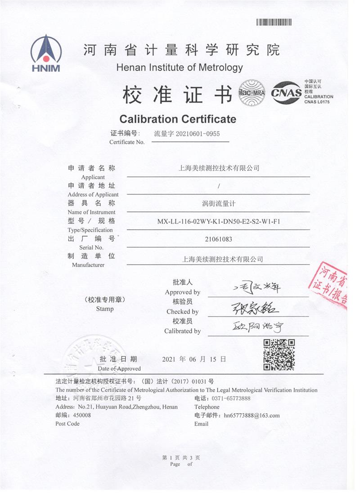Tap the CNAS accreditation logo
pos(286,92)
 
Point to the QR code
pos(279,355)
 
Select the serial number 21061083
pos(219,239)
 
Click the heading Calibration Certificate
pos(177,119)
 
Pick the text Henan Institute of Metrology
pos(179,68)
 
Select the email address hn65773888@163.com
pos(252,415)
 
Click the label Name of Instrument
pos(91,212)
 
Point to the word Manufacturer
pos(88,265)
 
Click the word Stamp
pos(105,309)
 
